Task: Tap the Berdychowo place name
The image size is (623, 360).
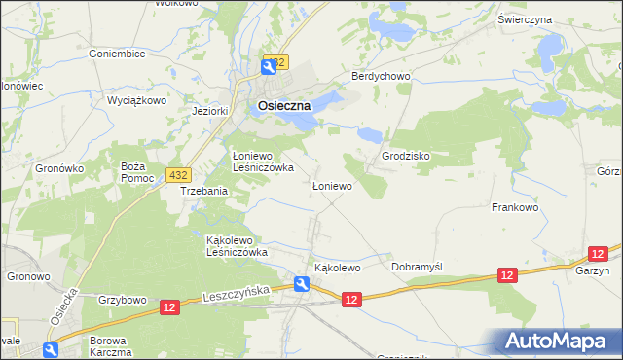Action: click(x=382, y=76)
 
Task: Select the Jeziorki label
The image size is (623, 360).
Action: click(x=210, y=111)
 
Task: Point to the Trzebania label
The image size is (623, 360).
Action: click(x=203, y=192)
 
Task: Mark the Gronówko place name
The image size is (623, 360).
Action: click(x=60, y=167)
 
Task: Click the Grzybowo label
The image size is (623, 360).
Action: click(x=122, y=301)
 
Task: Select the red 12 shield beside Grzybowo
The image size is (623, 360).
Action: click(x=169, y=307)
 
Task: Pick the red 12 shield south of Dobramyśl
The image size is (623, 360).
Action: click(x=506, y=277)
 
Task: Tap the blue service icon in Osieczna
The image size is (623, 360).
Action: click(x=267, y=66)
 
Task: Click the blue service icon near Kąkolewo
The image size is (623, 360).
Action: click(x=302, y=284)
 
